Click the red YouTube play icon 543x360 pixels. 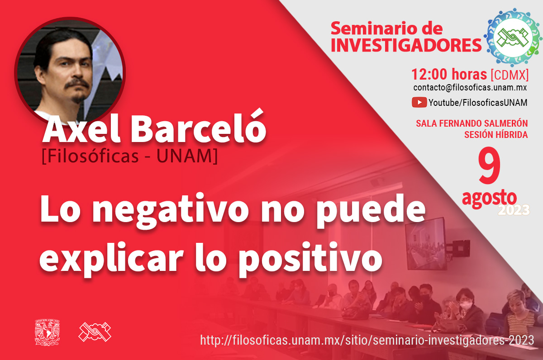coord(419,102)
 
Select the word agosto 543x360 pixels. coord(489,199)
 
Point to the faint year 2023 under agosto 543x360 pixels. coord(514,210)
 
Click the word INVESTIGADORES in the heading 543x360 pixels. coord(406,45)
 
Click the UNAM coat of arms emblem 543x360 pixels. coord(47,332)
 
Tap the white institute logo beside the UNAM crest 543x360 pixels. coord(95,332)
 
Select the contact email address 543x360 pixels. coord(470,87)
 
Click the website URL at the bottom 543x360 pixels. coord(367,340)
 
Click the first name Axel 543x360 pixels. coord(81,129)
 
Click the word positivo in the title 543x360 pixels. coord(310,259)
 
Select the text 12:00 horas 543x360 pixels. coord(449,74)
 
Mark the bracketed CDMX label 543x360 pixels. coord(510,75)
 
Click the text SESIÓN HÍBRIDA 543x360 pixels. coord(496,135)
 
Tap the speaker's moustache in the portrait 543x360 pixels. coord(78,84)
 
